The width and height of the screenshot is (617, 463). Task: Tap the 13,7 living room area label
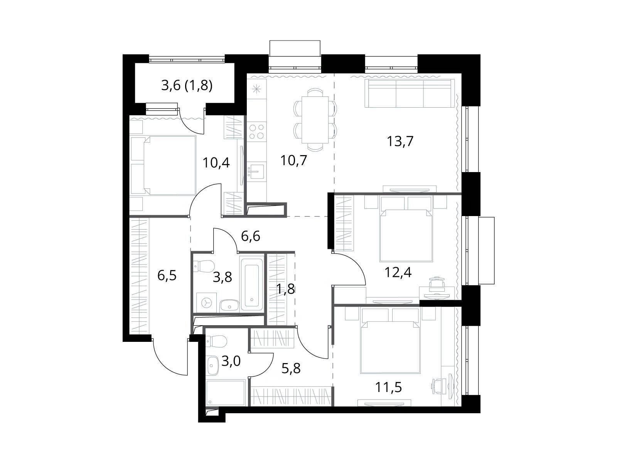click(400, 141)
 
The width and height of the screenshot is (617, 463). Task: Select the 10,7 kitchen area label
click(294, 161)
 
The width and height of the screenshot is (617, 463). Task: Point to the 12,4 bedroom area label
click(398, 272)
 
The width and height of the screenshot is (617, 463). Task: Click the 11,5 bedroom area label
click(388, 387)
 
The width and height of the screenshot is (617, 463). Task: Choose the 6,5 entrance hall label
click(167, 275)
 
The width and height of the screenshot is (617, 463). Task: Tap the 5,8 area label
click(291, 368)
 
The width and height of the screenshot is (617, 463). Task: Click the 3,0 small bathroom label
click(231, 361)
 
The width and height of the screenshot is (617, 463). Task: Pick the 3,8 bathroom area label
click(223, 277)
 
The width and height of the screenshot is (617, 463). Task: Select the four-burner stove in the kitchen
click(257, 132)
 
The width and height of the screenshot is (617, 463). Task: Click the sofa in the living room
click(410, 93)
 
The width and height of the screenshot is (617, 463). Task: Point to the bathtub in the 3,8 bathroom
click(252, 282)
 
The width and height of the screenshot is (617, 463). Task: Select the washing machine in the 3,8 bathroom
click(206, 302)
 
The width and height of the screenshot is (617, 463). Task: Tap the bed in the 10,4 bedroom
click(164, 165)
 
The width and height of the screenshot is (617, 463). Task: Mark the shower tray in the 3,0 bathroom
click(226, 393)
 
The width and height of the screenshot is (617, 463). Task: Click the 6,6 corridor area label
click(250, 237)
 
